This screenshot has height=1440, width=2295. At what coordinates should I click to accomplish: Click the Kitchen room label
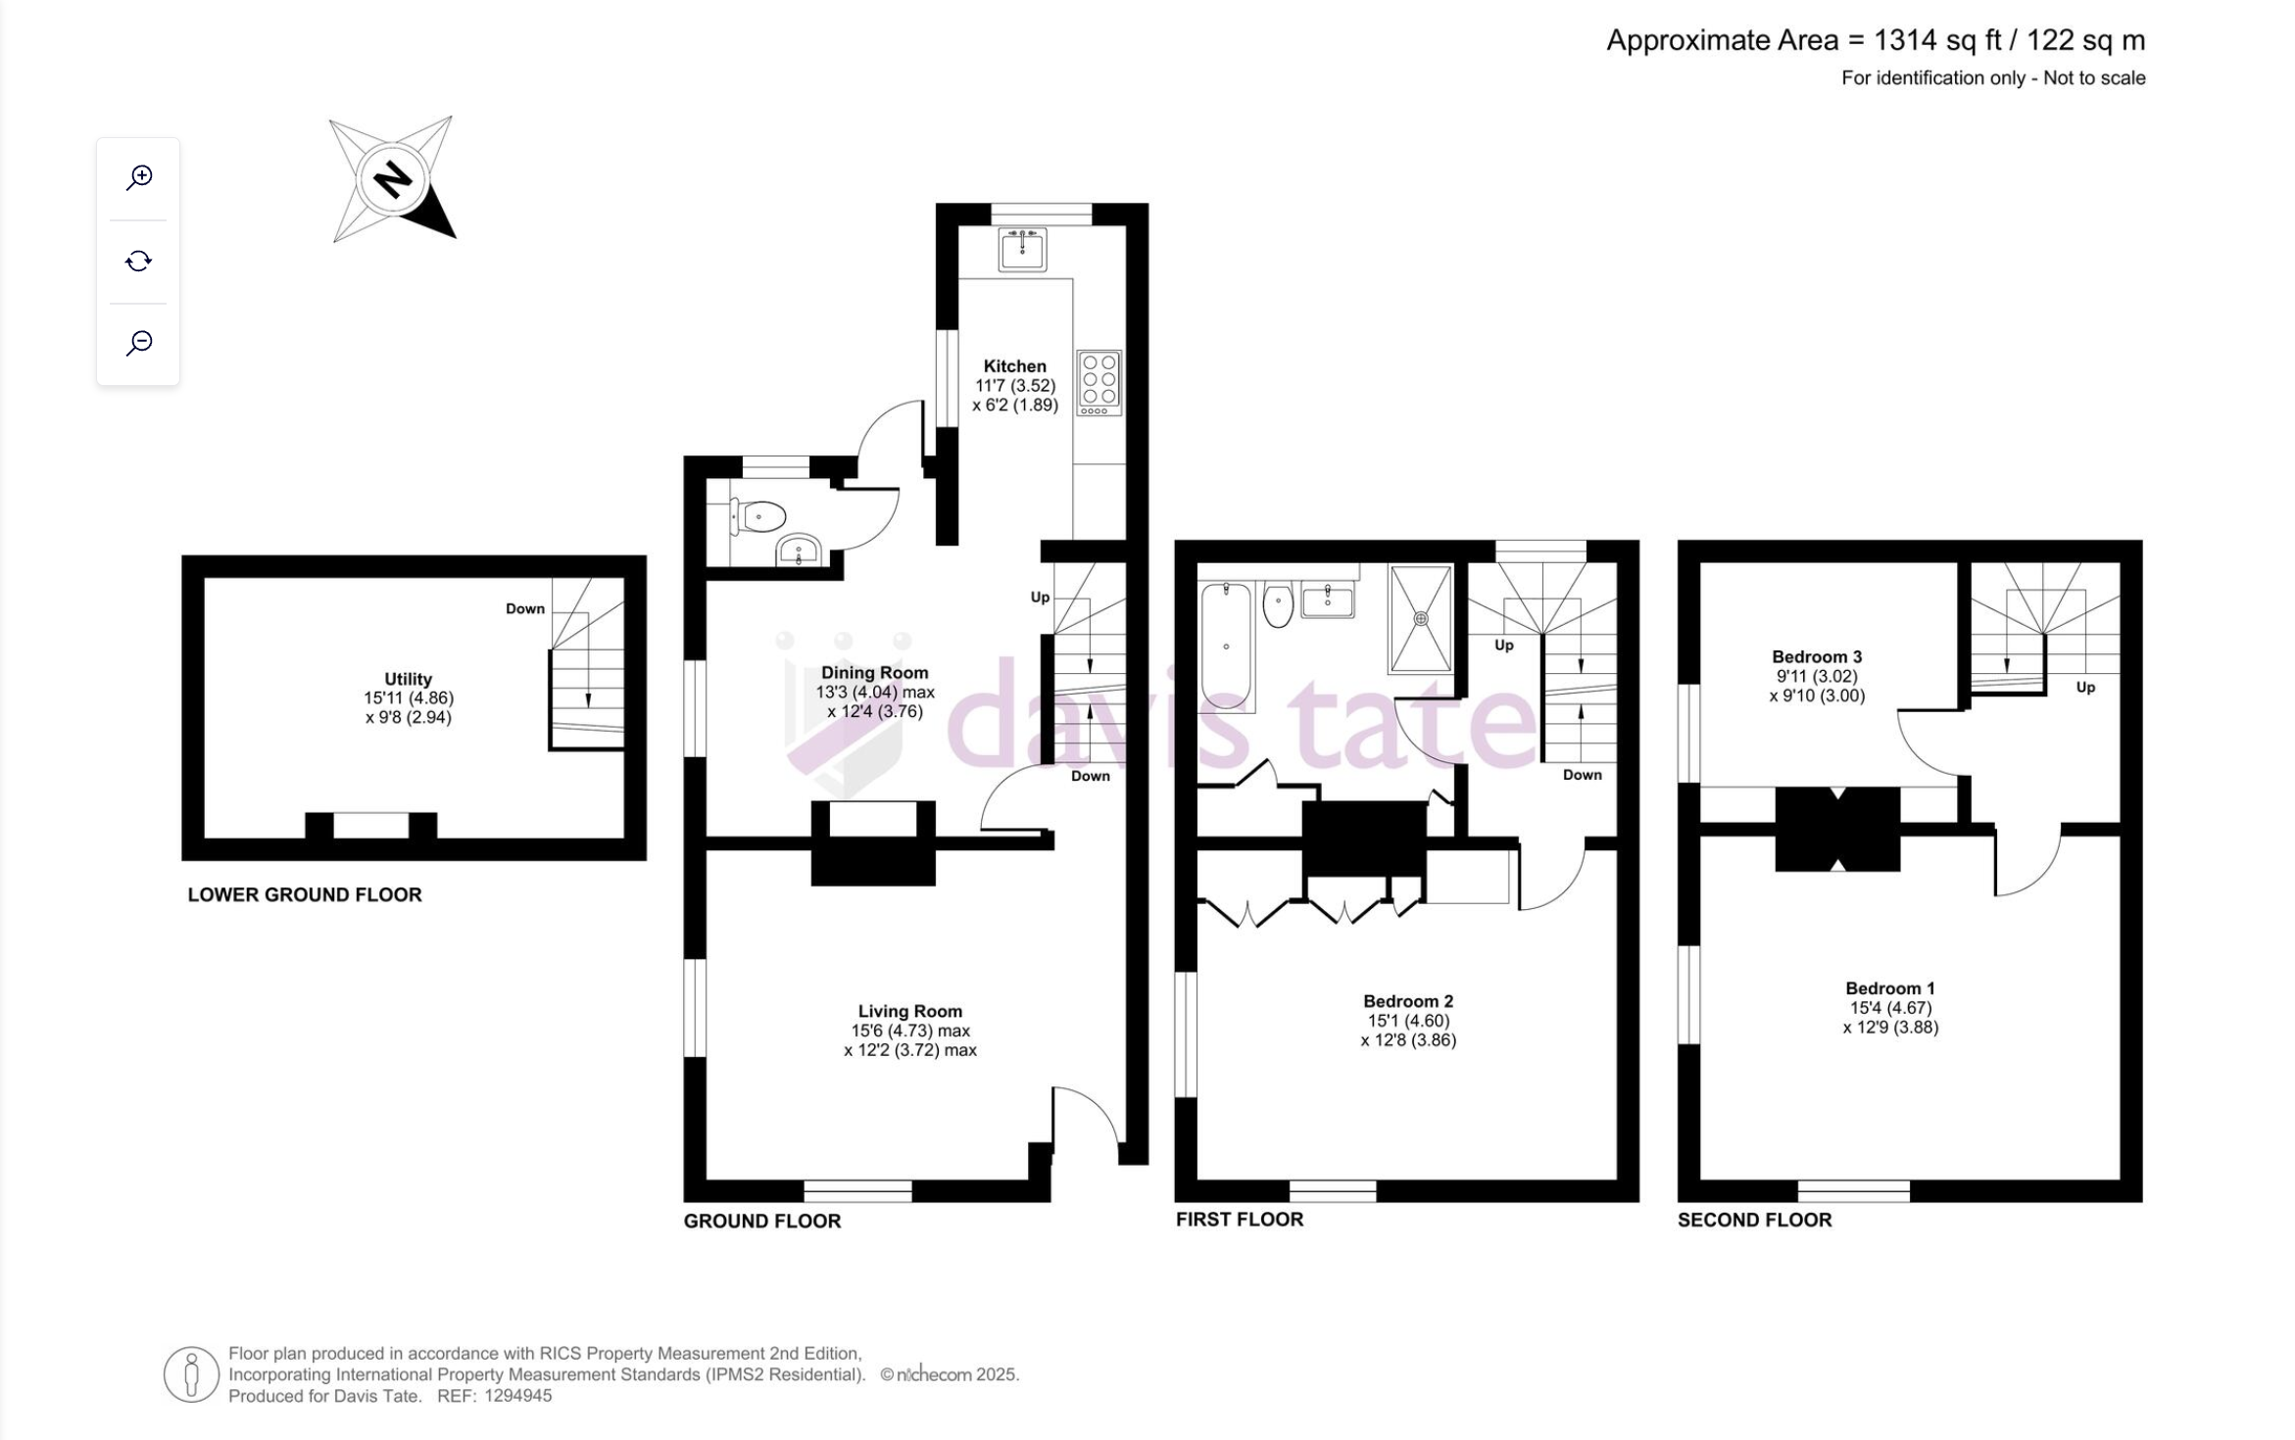click(x=1015, y=366)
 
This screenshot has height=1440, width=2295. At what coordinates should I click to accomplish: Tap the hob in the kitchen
click(x=1099, y=383)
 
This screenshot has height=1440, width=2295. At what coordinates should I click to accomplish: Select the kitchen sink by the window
click(x=1022, y=249)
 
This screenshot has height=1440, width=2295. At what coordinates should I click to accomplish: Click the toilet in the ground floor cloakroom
click(x=757, y=516)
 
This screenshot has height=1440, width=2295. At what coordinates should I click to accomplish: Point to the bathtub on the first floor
click(x=1226, y=645)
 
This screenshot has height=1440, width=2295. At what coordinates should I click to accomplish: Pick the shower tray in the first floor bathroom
click(x=1421, y=619)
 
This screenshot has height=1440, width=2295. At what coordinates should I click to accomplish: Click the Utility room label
click(x=408, y=679)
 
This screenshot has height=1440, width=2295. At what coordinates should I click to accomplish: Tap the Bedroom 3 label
click(x=1817, y=657)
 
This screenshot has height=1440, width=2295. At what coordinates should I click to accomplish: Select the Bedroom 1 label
click(x=1890, y=988)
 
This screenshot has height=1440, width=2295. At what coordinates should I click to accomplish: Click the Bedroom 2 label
click(x=1408, y=1001)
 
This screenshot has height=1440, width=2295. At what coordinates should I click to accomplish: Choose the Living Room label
click(x=910, y=1011)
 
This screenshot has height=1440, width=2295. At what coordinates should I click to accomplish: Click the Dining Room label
click(x=875, y=673)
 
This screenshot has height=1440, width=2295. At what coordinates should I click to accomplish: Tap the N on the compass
click(x=393, y=179)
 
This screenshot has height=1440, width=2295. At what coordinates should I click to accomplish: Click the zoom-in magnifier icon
click(x=139, y=177)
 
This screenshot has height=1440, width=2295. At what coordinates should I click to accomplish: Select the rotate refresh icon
click(x=138, y=261)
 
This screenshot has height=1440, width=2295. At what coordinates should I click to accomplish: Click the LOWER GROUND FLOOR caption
click(x=305, y=894)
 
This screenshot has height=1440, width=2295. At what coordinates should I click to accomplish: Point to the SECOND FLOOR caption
click(x=1754, y=1220)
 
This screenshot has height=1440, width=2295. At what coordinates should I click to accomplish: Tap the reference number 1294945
click(x=518, y=1396)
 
